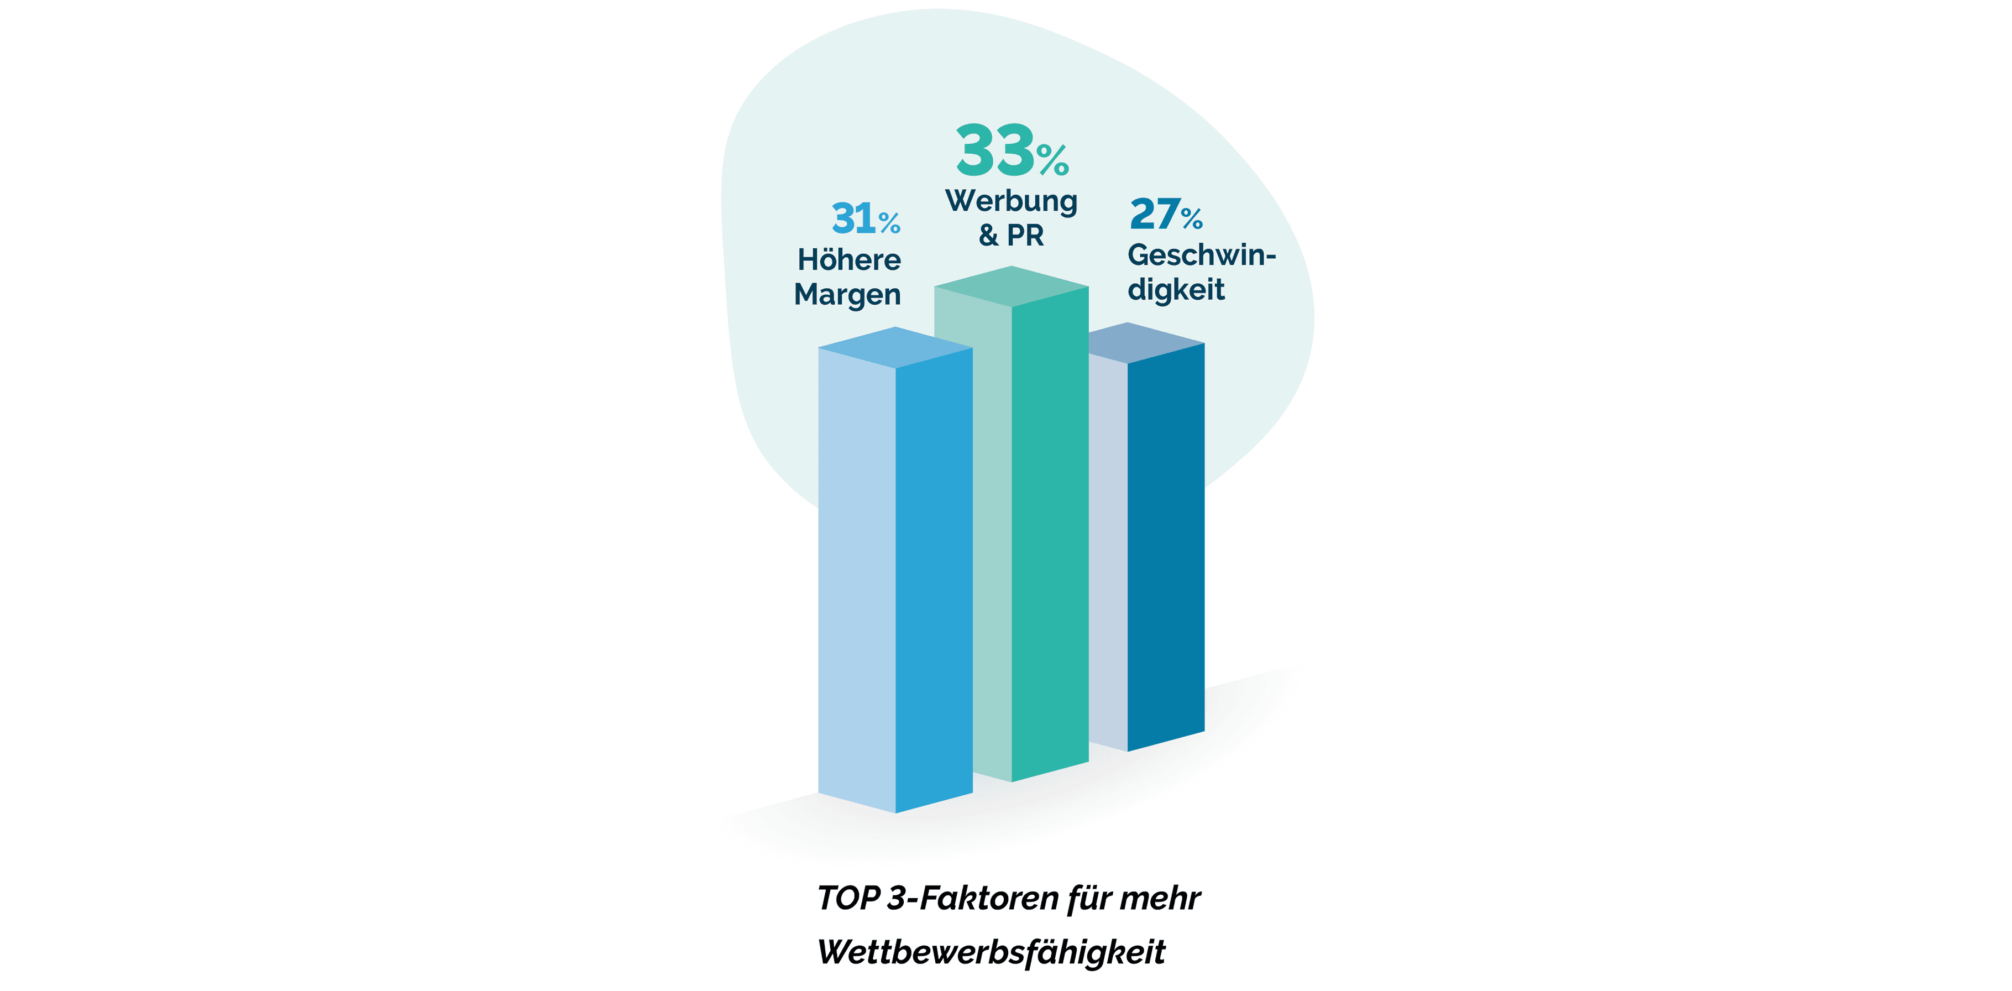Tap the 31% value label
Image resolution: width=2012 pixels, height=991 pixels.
pos(866,219)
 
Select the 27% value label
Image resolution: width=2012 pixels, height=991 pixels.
pos(1165,214)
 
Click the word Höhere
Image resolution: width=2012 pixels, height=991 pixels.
pos(849,259)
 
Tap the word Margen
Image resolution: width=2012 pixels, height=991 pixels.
pos(847,295)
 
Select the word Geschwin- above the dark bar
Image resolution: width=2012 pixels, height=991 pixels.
pos(1201,255)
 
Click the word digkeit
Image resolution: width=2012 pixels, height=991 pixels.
pos(1176,290)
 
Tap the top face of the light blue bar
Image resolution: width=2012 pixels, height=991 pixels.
pos(895,347)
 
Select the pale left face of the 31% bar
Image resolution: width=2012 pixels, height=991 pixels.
pos(856,578)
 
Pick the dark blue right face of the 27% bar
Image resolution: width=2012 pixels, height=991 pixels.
pos(1165,547)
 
